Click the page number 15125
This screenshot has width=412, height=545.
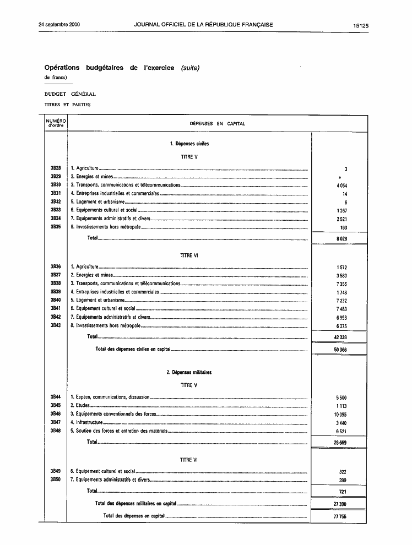(x=361, y=25)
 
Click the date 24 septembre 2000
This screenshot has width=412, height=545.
(x=59, y=25)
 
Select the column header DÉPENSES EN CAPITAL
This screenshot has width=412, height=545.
(x=217, y=124)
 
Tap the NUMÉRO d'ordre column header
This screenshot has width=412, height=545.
(x=56, y=123)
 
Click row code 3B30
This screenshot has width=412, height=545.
(x=56, y=185)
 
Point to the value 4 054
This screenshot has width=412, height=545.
(x=341, y=186)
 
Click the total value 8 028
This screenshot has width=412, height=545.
(x=341, y=239)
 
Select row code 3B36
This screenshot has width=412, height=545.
(x=56, y=267)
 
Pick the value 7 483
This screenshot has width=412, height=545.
(x=341, y=309)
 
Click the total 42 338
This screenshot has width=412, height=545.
(x=340, y=337)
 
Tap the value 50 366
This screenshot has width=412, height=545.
(x=340, y=350)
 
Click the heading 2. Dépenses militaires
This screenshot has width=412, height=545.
(x=189, y=373)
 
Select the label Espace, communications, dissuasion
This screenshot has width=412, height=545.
(x=113, y=397)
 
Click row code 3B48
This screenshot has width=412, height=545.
(x=56, y=430)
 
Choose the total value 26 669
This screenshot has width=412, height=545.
(x=340, y=442)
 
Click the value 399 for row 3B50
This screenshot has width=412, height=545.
(x=343, y=481)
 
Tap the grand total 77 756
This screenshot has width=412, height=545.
(x=340, y=516)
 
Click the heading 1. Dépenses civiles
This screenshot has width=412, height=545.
(x=189, y=144)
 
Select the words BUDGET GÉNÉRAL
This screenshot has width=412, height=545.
(x=70, y=94)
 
